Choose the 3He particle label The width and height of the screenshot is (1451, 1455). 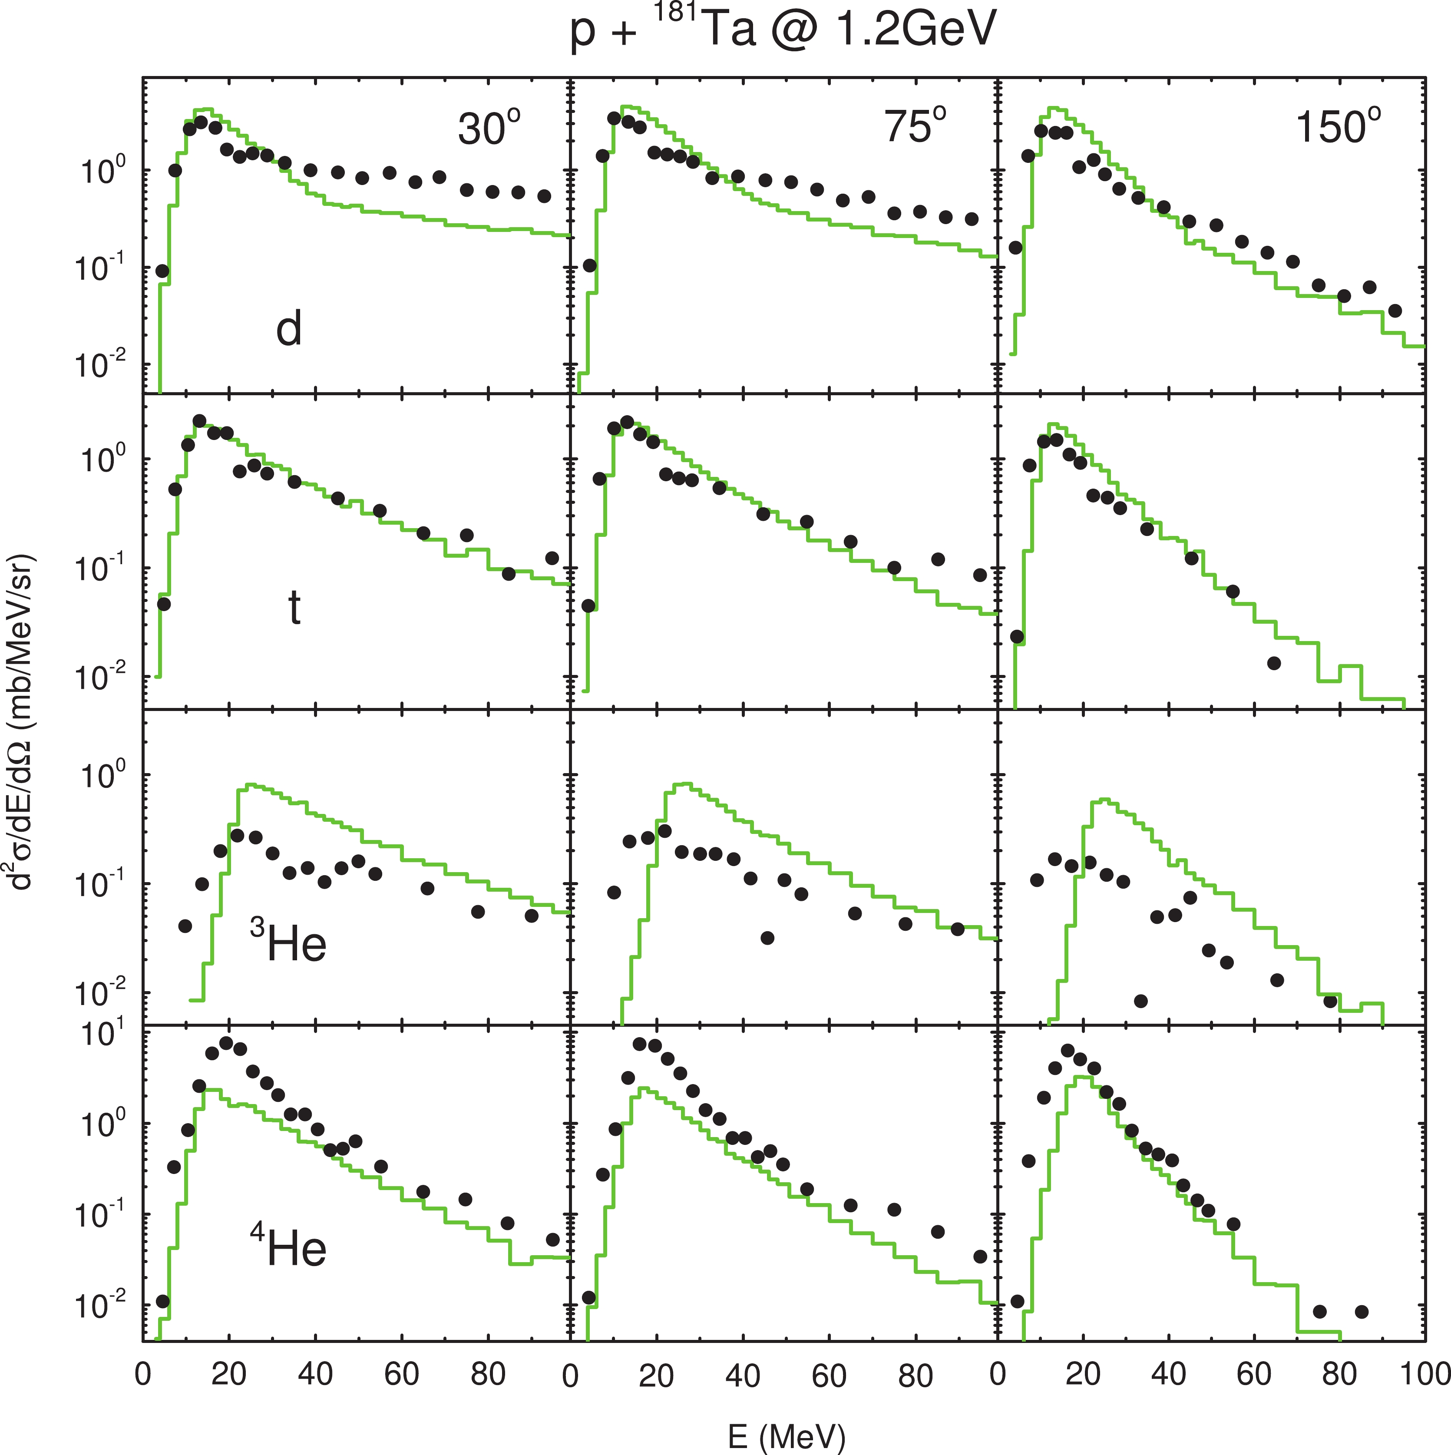coord(289,944)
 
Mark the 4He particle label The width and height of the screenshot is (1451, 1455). coord(289,1249)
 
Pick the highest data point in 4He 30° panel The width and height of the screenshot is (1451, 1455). coord(226,1043)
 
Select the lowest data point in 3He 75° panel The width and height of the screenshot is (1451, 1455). coord(767,938)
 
